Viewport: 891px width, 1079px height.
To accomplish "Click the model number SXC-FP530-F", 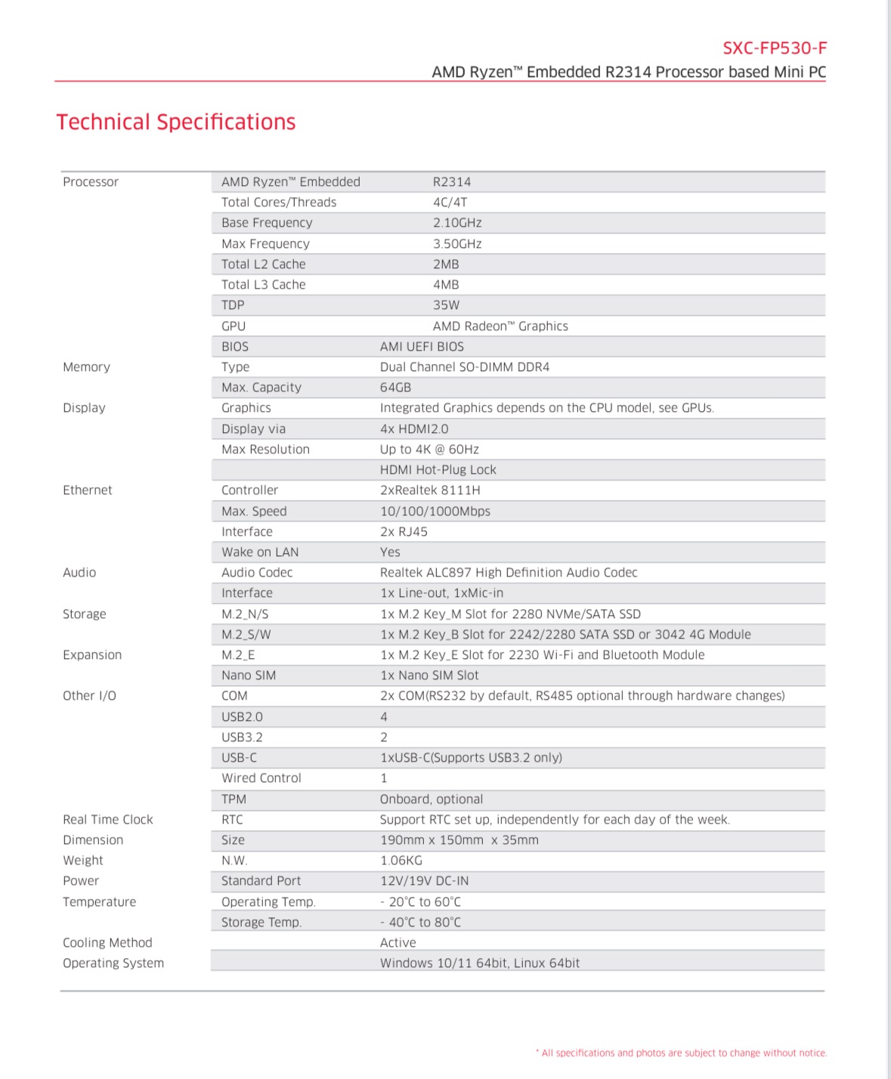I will click(x=775, y=48).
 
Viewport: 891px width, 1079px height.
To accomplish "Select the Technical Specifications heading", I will click(x=176, y=122).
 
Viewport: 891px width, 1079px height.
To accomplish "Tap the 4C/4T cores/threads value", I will click(x=450, y=203).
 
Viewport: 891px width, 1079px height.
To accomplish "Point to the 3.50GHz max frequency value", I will click(x=457, y=244).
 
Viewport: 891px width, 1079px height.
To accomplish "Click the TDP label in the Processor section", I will click(x=233, y=305).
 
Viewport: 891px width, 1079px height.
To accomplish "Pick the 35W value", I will click(x=446, y=305).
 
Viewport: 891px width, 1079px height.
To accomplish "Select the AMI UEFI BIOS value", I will click(x=422, y=347).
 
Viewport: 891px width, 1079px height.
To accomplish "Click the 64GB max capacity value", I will click(x=395, y=388).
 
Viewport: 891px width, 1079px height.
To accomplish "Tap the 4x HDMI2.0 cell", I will click(x=414, y=429).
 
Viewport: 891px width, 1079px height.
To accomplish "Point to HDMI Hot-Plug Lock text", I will click(x=438, y=470).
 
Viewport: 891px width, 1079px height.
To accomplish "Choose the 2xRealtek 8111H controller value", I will click(x=430, y=490).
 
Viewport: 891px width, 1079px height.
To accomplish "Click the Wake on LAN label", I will click(x=260, y=552).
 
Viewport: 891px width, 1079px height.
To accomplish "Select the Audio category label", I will click(x=79, y=573).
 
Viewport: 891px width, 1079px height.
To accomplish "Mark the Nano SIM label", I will click(x=249, y=676).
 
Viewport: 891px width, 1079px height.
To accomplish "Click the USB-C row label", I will click(x=239, y=758).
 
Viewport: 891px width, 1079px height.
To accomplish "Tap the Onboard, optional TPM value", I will click(x=432, y=799).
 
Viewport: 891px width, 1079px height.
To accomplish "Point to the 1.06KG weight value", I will click(x=401, y=861).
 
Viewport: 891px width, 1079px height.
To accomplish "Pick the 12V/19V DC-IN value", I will click(x=424, y=881).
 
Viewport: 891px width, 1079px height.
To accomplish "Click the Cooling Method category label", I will click(x=107, y=943).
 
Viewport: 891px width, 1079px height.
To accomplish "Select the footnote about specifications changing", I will click(x=683, y=1053).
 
